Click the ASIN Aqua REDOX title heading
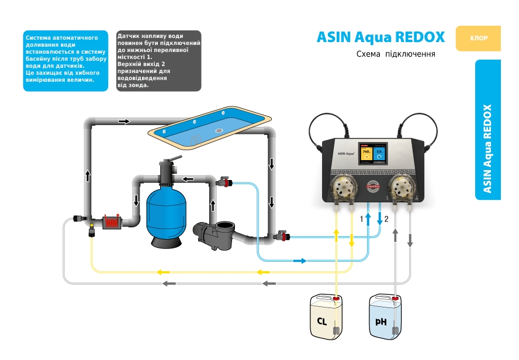tap(380, 37)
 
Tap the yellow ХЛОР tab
tap(479, 39)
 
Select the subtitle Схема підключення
tap(396, 54)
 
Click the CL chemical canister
tap(326, 316)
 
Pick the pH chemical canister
tap(386, 316)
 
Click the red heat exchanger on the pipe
tap(110, 222)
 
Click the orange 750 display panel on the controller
tap(366, 154)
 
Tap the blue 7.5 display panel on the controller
tap(380, 154)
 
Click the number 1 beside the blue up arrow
tap(362, 219)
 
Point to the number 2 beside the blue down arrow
tap(386, 219)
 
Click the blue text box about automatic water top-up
tap(65, 61)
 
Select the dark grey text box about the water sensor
tap(158, 61)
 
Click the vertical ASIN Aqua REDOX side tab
tap(488, 130)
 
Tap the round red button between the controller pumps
tap(373, 187)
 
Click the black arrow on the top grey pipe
tap(124, 122)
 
